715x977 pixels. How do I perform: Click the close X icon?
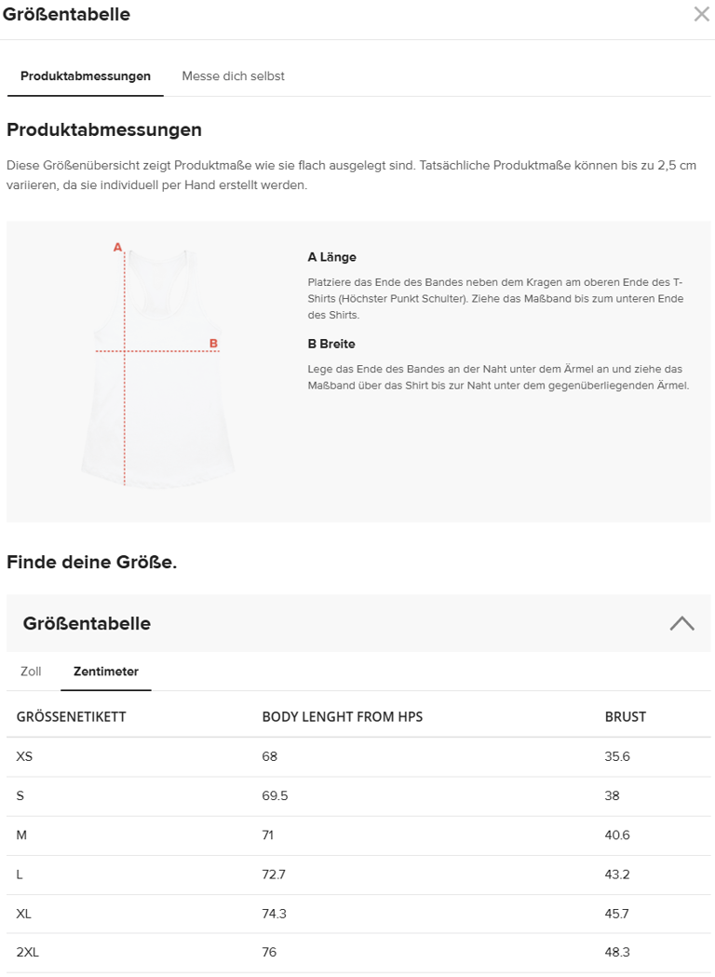701,14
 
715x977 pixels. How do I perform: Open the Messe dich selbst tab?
233,76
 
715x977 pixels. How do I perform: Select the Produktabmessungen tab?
86,76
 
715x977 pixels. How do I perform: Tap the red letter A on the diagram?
117,248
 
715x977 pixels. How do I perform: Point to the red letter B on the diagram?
213,344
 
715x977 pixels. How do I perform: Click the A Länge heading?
331,257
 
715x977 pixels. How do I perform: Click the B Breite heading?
331,344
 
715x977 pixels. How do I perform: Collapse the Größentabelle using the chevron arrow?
681,623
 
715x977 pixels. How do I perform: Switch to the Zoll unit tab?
31,672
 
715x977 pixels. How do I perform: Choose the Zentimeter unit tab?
106,672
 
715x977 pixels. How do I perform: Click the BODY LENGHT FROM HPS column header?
342,716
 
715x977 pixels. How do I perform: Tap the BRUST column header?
625,716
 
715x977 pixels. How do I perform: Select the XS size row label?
24,756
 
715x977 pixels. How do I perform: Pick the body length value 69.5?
275,795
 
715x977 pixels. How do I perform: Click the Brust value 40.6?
617,835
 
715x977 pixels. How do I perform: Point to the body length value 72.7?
274,875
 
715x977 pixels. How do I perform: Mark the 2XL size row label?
28,952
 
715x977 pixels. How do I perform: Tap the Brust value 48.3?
617,952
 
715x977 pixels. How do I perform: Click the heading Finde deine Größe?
91,562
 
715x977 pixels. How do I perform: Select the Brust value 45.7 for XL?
617,914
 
